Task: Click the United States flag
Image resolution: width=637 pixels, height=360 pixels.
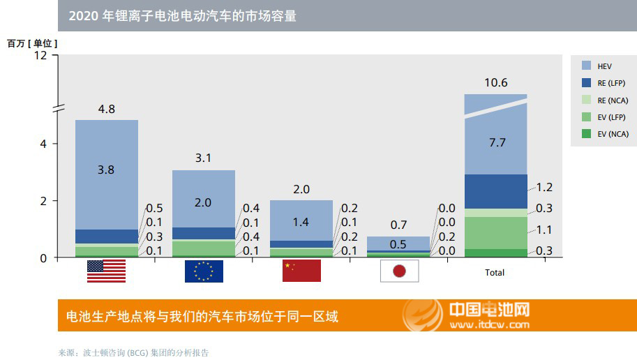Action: tap(106, 271)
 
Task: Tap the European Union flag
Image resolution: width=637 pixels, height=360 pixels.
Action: tap(204, 271)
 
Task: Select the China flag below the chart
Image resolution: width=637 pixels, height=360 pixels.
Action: tap(301, 271)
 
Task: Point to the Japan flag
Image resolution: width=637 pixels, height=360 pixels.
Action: tap(399, 271)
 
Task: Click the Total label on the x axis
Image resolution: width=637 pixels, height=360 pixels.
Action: tap(495, 273)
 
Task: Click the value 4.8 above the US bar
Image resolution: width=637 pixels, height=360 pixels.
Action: tap(106, 109)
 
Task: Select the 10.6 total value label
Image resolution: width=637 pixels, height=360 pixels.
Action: tap(495, 83)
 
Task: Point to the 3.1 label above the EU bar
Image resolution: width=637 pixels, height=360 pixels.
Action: tap(204, 158)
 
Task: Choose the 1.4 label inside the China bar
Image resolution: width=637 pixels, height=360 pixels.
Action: tap(301, 223)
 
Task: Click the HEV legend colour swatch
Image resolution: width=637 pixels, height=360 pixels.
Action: tap(587, 66)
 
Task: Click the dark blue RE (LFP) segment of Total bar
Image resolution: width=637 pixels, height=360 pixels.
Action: tap(495, 191)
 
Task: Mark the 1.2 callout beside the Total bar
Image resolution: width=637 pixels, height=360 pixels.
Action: tap(544, 188)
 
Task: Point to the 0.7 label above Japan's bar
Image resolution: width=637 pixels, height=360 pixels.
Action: tap(399, 225)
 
